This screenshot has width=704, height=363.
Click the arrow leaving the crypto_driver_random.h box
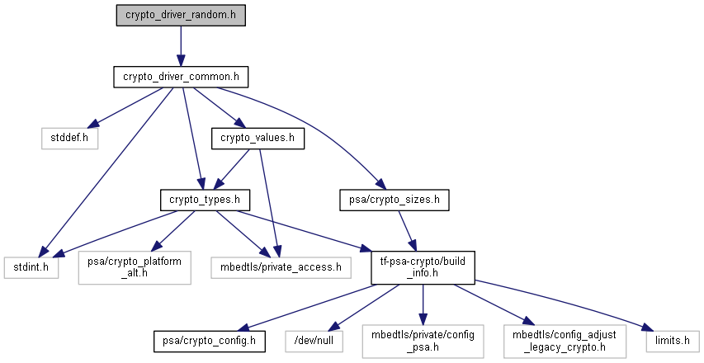180,45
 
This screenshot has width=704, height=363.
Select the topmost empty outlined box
70,139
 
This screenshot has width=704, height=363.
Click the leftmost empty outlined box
31,267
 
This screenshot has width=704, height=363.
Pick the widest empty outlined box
281,267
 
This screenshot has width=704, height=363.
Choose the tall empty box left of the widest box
135,268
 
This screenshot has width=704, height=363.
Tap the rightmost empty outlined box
672,341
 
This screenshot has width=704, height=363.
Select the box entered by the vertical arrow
423,341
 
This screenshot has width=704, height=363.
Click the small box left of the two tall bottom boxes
314,341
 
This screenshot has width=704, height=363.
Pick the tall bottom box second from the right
565,341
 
